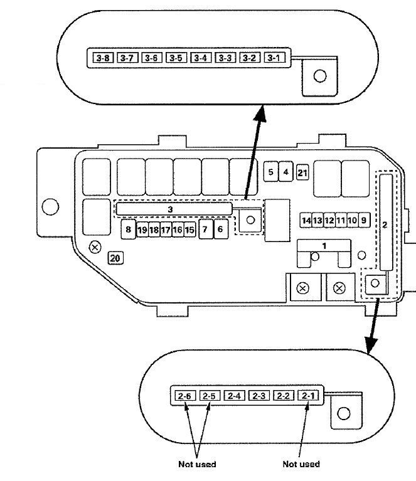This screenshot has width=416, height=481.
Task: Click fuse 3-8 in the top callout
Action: point(102,58)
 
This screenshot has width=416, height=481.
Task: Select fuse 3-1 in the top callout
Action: point(273,58)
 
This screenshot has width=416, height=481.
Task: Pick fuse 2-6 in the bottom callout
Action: point(184,396)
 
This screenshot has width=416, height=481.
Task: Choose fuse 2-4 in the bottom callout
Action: point(234,396)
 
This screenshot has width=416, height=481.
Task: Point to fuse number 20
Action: point(115,257)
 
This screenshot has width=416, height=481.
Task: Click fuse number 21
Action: point(302,172)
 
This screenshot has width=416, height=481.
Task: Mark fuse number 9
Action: point(364,220)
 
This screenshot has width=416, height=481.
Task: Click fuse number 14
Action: point(306,220)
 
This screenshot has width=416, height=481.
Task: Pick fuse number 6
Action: point(220,230)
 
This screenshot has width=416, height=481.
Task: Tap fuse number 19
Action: point(142,230)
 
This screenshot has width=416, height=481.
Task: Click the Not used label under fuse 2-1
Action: point(301,464)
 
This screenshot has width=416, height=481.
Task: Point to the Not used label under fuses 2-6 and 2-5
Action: point(196,464)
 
